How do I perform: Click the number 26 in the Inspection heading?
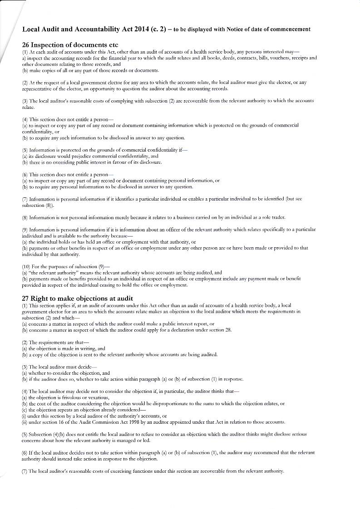point(26,45)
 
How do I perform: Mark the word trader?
point(277,217)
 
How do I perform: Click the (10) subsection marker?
point(27,267)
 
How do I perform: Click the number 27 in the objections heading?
point(26,298)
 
